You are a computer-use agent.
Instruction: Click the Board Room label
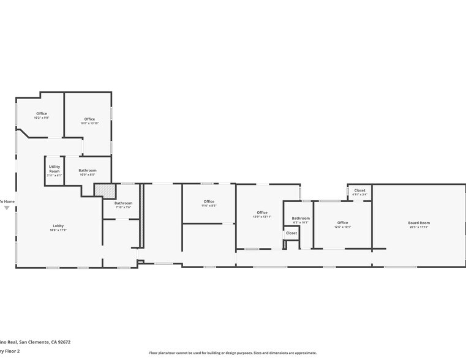419,223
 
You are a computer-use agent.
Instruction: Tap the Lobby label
58,226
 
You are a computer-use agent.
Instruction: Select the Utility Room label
54,168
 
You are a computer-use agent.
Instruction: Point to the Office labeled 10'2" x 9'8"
42,113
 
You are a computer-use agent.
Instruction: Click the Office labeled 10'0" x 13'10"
89,119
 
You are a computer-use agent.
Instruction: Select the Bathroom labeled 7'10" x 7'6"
123,203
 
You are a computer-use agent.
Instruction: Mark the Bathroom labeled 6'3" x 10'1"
301,219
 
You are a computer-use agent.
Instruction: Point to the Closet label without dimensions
291,233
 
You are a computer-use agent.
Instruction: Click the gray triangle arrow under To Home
7,208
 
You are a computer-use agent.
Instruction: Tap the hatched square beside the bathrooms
104,190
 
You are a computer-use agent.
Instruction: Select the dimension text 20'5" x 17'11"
419,227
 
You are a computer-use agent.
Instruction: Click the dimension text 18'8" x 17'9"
58,230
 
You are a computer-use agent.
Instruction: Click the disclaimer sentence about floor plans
233,353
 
